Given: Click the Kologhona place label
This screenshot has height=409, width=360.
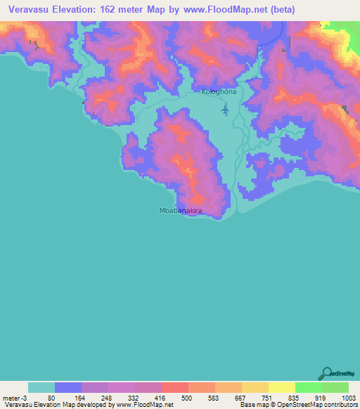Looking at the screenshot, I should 219,92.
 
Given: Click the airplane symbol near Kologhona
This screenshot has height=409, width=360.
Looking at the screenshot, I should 225,110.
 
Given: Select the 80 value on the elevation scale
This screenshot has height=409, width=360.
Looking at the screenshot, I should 51,398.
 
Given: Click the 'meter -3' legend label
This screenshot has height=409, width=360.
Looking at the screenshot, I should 14,398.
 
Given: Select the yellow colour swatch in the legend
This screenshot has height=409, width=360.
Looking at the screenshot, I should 281,387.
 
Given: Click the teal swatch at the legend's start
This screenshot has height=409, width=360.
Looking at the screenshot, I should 41,387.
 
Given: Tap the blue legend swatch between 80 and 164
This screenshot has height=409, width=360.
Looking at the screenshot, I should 68,387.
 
